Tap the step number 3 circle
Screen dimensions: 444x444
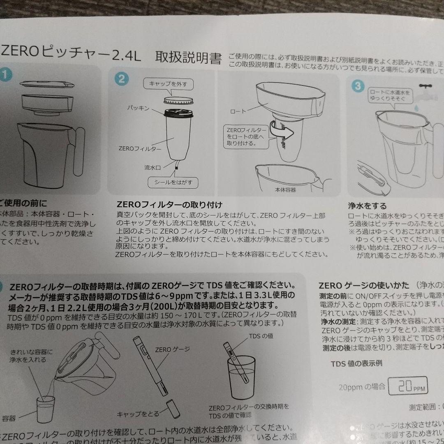pos(358,86)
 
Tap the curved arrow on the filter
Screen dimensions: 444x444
pos(282,131)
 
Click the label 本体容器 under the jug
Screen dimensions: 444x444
pos(285,190)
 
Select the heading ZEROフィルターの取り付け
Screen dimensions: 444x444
pos(169,204)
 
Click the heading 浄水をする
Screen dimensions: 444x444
pos(367,206)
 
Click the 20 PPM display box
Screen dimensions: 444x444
pos(406,386)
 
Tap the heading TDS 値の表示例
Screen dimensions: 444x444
pos(356,363)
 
